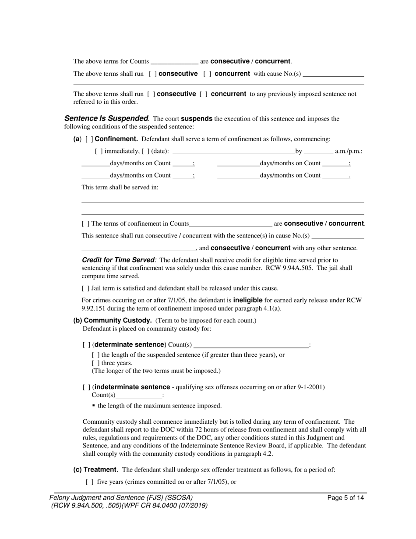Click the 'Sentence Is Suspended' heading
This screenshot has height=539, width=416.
(x=106, y=118)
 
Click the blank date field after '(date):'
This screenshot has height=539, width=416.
(x=234, y=151)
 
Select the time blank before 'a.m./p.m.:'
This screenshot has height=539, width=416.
(x=318, y=151)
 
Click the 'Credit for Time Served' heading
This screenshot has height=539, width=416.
(x=119, y=260)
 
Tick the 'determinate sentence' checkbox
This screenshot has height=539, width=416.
(x=86, y=344)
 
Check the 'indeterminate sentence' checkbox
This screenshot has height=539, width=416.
(x=86, y=387)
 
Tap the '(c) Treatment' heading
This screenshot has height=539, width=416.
(x=95, y=469)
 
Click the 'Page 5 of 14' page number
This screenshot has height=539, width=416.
(x=345, y=498)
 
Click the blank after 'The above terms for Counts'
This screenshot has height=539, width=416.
(x=174, y=61)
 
